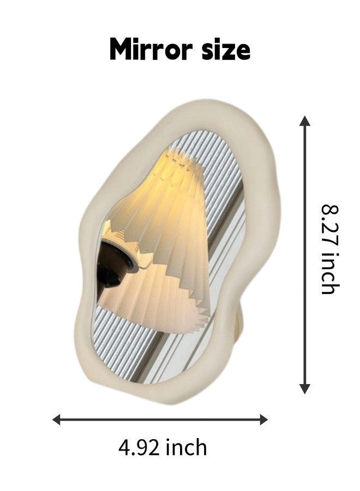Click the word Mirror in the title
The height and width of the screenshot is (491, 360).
coord(151,49)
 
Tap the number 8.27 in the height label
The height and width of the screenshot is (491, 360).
coord(331,225)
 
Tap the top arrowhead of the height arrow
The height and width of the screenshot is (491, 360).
coord(304,121)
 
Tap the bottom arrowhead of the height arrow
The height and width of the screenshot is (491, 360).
coord(304,388)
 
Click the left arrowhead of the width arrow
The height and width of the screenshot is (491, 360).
coord(57,420)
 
